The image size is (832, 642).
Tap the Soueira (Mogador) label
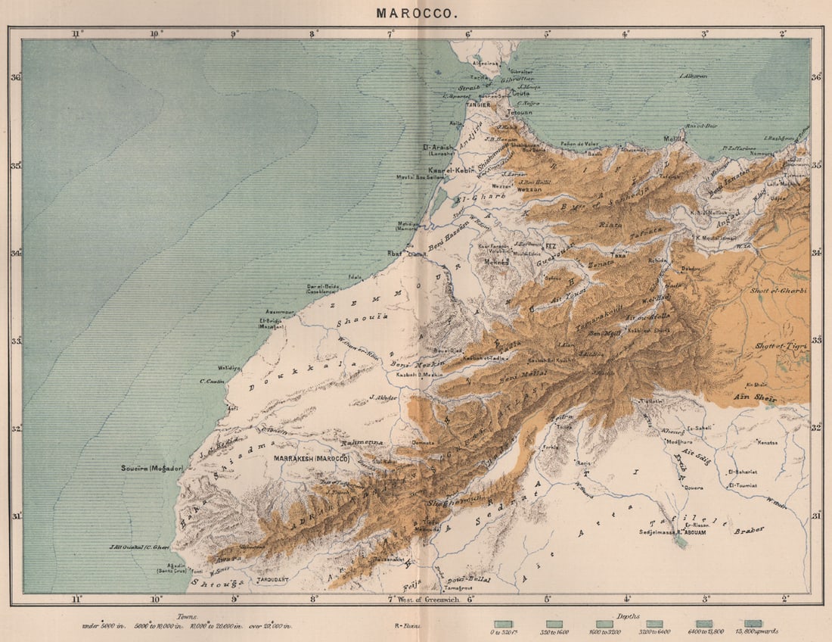pos(152,468)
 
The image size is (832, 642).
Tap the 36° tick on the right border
pos(817,77)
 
